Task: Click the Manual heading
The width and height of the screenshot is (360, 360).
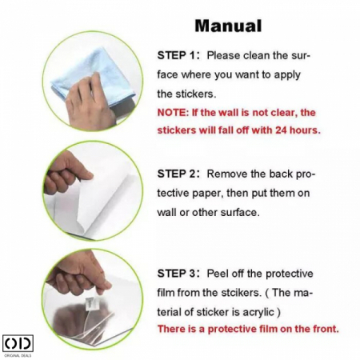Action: pos(228,26)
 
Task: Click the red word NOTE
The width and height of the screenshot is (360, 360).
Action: pos(173,113)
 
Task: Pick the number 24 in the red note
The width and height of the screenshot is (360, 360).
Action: pos(281,130)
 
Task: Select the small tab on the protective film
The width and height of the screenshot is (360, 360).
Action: pos(89,303)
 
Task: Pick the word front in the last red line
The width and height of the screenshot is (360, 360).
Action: pos(326,329)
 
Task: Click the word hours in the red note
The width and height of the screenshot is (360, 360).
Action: pos(305,130)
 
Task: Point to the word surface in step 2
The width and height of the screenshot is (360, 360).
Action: pos(240,213)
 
